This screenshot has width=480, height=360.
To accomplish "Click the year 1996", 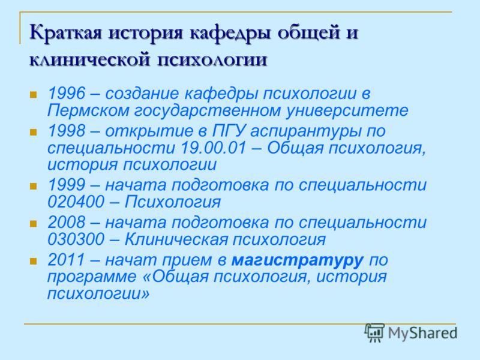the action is [66, 93].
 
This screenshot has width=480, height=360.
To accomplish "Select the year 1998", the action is [66, 131].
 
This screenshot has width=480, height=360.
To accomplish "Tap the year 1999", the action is [66, 185].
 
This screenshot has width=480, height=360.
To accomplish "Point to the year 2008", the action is [66, 222].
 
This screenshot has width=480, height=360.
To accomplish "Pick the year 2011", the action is [66, 260].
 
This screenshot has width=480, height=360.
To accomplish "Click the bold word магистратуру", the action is [298, 260].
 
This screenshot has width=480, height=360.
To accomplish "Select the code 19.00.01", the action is [214, 148].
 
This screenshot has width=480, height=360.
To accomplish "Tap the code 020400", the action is [76, 202].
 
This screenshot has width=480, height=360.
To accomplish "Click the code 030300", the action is [76, 239].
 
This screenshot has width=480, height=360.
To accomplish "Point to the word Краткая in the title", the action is [65, 32].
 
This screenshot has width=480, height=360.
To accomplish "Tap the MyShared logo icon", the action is [374, 332].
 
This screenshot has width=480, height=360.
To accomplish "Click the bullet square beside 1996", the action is [33, 94].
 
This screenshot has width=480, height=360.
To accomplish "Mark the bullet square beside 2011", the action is [33, 261].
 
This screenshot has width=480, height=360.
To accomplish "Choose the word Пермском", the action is [88, 110].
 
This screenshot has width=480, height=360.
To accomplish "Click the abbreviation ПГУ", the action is [229, 131].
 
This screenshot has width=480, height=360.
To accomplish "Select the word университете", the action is [347, 111].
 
